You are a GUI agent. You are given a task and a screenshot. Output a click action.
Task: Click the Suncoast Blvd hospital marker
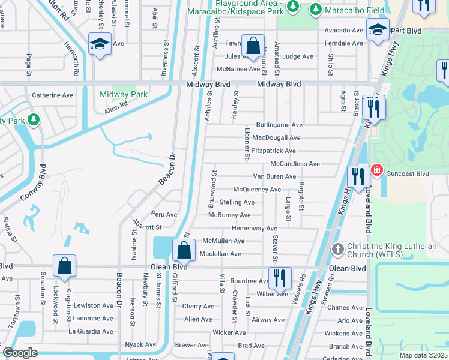[x=377, y=170]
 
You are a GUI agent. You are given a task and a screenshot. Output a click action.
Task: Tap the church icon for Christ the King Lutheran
[x=338, y=248]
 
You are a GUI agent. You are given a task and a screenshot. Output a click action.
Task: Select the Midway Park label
[x=124, y=94]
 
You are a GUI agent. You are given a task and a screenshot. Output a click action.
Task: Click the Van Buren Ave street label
[x=274, y=176]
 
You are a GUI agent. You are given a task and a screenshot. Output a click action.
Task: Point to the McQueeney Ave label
[x=257, y=190]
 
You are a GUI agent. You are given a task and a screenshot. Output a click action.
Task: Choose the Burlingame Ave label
[x=279, y=125]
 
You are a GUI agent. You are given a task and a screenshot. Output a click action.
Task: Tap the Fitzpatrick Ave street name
[x=274, y=151]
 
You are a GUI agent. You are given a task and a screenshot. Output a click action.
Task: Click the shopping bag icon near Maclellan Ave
[x=184, y=251]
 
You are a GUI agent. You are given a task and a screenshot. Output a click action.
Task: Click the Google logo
[x=20, y=353]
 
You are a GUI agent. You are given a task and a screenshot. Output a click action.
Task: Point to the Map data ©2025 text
[x=423, y=355]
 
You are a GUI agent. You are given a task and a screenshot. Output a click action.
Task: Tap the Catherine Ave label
[x=52, y=95]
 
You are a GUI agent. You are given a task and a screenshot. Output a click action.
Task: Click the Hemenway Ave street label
[x=254, y=228]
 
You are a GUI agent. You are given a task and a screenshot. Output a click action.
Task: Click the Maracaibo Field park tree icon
[x=316, y=8]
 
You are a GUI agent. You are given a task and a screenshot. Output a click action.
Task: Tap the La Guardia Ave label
[x=91, y=330]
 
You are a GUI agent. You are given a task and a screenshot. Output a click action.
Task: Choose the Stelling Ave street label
[x=237, y=202]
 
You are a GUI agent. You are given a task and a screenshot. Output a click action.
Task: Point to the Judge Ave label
[x=298, y=56]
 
